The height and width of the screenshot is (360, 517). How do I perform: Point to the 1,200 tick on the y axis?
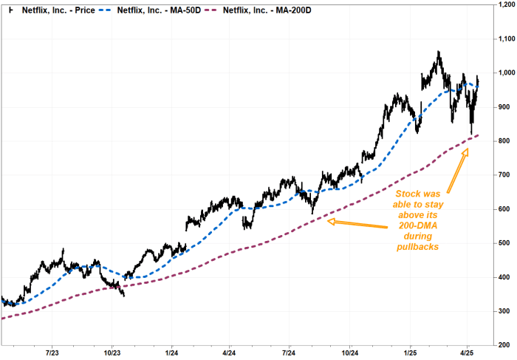coord(504,5)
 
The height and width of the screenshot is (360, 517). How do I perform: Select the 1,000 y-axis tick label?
coord(504,72)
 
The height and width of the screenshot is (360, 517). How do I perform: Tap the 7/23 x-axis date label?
coord(53,353)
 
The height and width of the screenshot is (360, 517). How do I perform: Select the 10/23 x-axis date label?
coord(112,353)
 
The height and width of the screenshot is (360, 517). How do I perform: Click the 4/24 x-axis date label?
coord(228,353)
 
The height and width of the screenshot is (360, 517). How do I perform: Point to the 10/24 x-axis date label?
coord(350,353)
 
